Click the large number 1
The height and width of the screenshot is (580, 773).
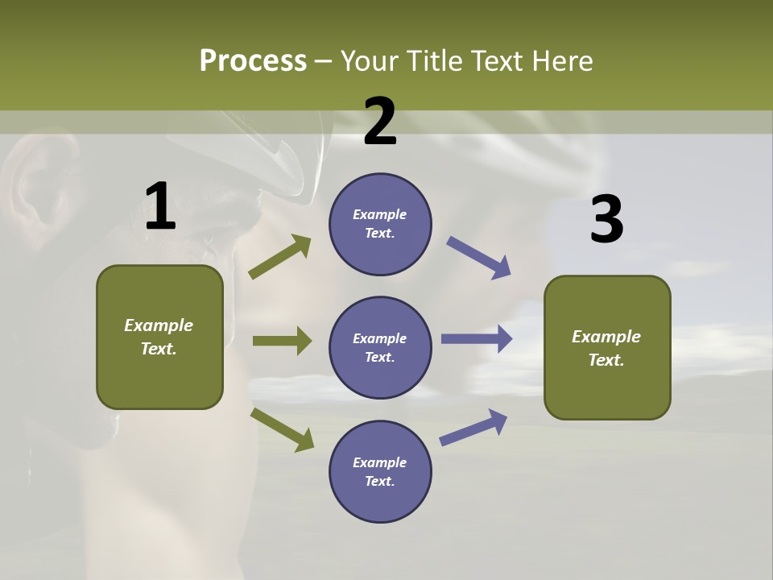coord(160,206)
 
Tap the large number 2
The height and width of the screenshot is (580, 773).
coord(380,122)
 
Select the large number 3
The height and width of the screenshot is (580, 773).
coord(606,219)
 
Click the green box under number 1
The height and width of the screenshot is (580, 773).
coord(159,337)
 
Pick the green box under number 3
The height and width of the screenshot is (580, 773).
coord(607,347)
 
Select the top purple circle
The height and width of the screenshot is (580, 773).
coord(380,224)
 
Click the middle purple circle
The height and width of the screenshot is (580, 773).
coord(380,347)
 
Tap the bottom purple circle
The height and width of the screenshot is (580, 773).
coord(380,471)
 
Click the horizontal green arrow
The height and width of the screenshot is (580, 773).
coord(282,341)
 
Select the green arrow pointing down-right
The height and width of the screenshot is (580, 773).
coord(283,429)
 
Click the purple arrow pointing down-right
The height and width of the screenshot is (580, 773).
coord(479,258)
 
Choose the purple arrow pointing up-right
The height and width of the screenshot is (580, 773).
coord(474,428)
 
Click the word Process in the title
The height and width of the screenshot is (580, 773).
coord(253,61)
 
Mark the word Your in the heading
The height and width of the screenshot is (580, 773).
coord(370,61)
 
